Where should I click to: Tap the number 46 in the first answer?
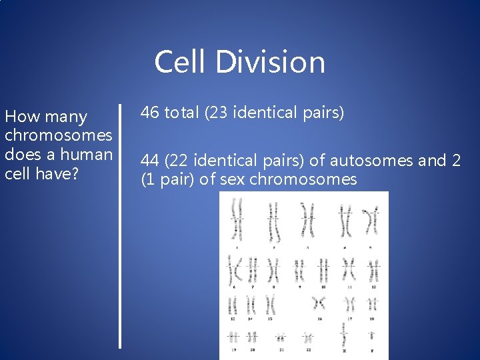coord(150,113)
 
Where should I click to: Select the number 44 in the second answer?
coord(150,161)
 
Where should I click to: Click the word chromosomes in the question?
coord(58,135)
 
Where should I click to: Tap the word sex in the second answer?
coord(233,180)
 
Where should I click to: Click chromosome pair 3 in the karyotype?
coord(308,220)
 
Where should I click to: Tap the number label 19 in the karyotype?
coord(233,349)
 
